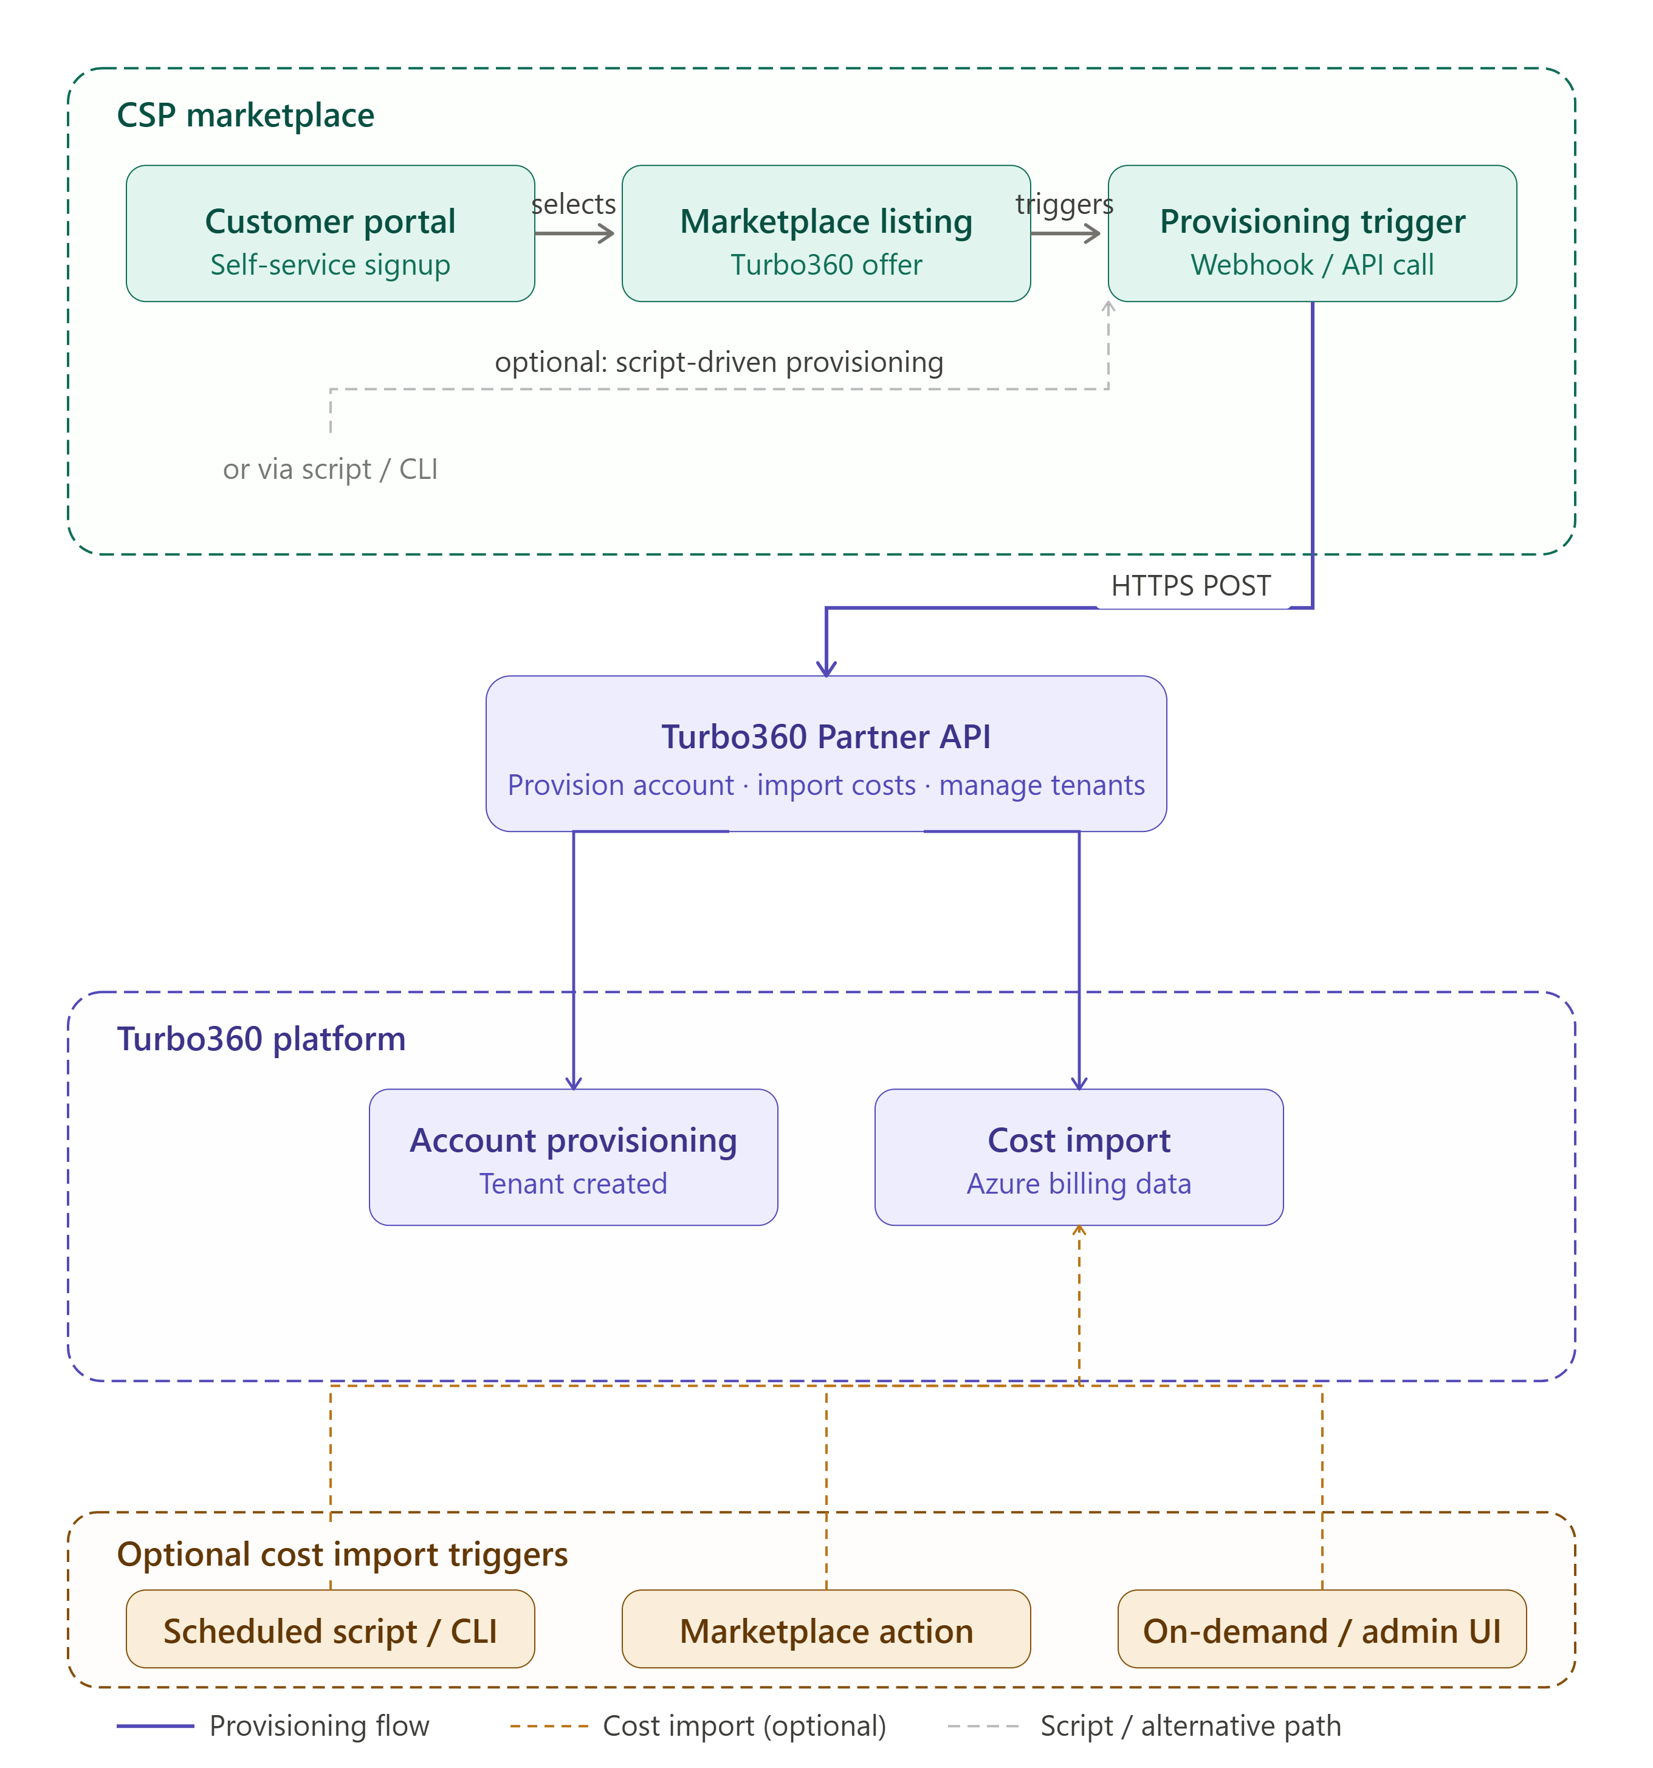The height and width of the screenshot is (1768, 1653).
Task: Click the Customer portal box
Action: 330,233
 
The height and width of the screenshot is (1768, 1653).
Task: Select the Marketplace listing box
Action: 826,233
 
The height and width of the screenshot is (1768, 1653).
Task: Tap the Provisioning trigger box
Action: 1313,233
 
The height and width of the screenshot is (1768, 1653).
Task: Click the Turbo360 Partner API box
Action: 826,753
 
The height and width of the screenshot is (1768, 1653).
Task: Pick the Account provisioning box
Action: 574,1157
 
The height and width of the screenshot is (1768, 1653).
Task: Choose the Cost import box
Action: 1079,1157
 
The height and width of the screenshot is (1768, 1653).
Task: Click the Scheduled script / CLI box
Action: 330,1628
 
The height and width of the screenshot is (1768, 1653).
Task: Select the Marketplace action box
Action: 826,1628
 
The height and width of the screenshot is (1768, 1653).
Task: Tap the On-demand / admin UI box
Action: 1322,1628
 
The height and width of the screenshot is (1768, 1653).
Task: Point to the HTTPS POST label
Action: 1191,586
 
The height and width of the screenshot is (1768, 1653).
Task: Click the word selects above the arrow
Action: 574,205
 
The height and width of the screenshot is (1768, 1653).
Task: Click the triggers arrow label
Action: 1064,205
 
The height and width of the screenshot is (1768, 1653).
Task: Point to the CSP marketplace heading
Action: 246,115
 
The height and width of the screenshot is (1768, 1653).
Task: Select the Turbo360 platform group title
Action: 261,1039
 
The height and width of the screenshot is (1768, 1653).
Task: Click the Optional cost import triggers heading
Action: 342,1555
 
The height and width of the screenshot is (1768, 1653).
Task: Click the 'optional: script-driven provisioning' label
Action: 720,363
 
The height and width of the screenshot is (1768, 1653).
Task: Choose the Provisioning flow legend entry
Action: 273,1726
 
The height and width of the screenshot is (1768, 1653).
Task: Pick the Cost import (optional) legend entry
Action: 698,1726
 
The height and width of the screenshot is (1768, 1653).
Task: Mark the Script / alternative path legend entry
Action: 1144,1726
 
